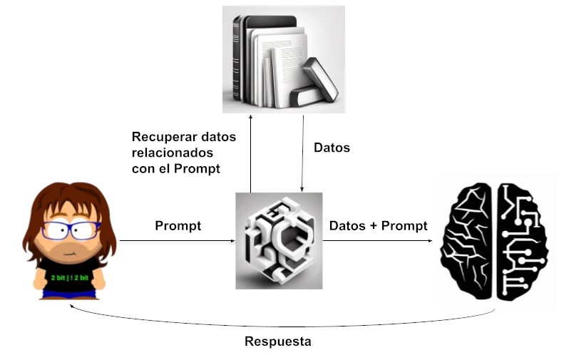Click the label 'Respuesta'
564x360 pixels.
point(277,341)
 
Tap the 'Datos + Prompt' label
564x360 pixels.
point(378,226)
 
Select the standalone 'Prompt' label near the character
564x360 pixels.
point(178,226)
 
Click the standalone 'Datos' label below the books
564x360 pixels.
point(332,148)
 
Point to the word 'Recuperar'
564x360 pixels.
point(165,136)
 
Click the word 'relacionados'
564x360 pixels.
point(172,153)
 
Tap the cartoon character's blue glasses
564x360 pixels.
point(71,230)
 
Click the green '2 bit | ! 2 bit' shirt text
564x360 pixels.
point(69,276)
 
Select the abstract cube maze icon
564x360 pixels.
point(279,241)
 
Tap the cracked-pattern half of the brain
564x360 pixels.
point(468,241)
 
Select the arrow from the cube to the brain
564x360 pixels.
point(378,242)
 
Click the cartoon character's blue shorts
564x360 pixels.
point(69,293)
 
